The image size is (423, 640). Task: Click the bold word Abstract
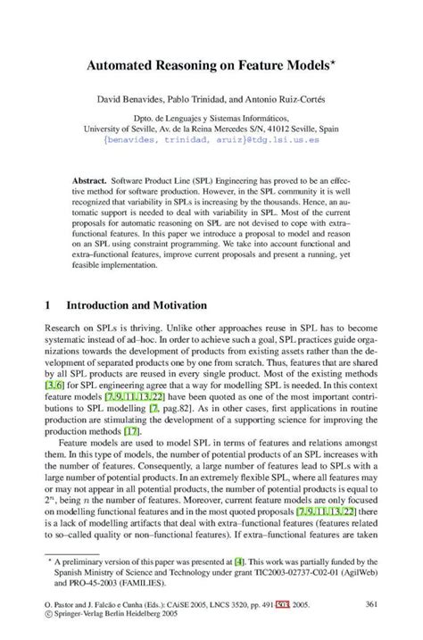[x=92, y=179]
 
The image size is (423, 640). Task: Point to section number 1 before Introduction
[x=46, y=304]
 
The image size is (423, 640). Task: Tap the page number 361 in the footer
[x=373, y=604]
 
